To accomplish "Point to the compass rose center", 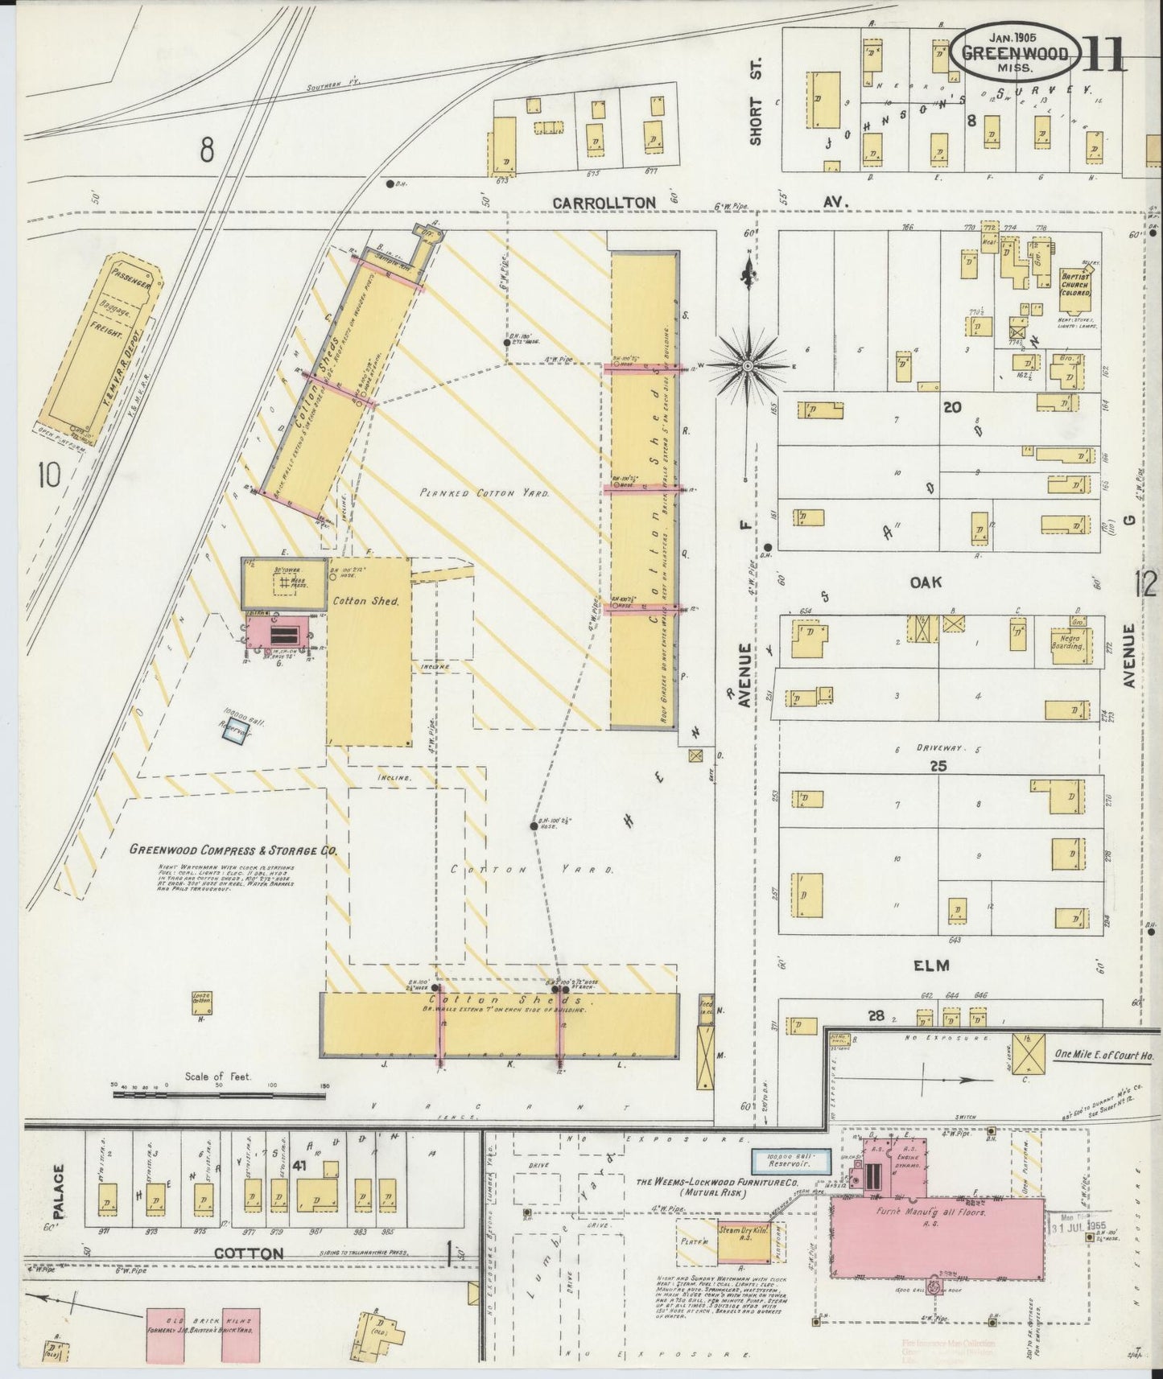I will [748, 366].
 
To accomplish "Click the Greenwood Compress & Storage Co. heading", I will [233, 850].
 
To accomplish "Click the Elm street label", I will [931, 965].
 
